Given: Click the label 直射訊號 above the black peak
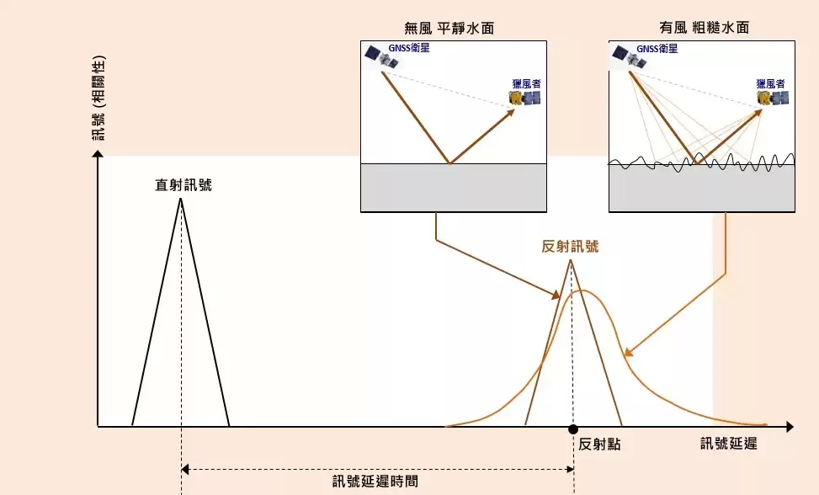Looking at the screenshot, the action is (183, 185).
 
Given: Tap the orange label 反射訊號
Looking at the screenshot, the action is (570, 246).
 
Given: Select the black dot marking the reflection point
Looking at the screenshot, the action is (573, 429).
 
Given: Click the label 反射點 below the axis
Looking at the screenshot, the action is (599, 444).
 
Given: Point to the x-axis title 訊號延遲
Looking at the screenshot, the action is (729, 444).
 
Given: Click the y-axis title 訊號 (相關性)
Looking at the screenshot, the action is (98, 98).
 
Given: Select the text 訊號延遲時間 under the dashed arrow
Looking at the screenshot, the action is (375, 481).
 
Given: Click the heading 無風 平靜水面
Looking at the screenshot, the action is (449, 28).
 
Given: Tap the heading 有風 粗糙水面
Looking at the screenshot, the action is (704, 27).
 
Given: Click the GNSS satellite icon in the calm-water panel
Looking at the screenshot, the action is (381, 56).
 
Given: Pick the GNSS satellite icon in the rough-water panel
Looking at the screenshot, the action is (630, 56).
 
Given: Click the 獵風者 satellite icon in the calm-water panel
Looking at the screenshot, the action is (525, 98).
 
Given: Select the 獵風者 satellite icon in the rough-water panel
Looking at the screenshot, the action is (773, 98).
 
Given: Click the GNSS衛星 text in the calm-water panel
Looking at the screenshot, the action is (409, 48).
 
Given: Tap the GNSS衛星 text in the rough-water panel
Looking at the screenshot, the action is (657, 49).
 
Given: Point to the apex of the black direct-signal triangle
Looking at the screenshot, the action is (181, 199).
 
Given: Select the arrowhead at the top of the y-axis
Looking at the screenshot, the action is (98, 153).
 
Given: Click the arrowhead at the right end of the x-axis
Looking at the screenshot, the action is (790, 427).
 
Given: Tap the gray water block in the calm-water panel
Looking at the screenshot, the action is (454, 188).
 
